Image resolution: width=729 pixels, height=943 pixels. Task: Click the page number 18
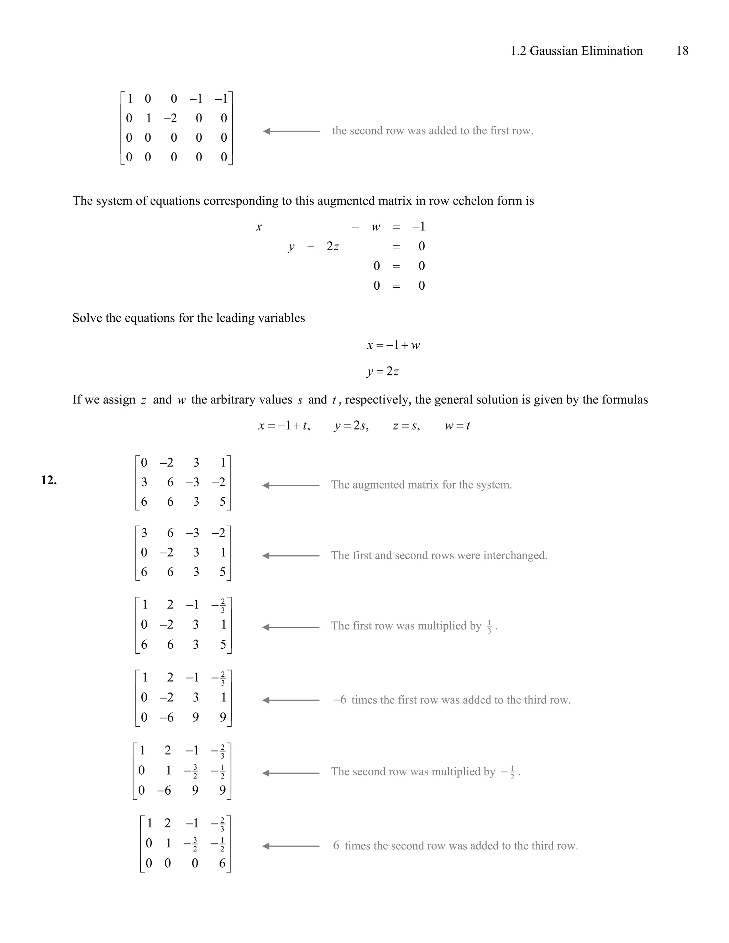click(682, 51)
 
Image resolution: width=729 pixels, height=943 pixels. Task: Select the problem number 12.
click(49, 480)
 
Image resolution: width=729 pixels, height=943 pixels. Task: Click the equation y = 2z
click(383, 371)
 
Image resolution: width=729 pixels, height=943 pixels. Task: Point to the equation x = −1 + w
click(393, 346)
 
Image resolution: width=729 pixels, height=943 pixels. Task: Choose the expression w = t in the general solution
click(457, 426)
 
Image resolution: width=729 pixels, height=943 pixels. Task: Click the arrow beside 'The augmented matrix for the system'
click(291, 485)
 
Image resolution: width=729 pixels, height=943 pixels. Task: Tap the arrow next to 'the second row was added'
click(292, 131)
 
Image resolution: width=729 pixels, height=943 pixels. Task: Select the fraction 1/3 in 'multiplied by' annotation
click(489, 627)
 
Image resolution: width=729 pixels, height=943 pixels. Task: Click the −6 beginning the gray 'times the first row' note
click(340, 700)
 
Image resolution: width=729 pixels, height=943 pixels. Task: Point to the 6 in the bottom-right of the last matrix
click(222, 863)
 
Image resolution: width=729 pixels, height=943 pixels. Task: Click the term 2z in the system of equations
click(332, 247)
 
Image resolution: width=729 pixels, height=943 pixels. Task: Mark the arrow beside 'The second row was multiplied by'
click(291, 773)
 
